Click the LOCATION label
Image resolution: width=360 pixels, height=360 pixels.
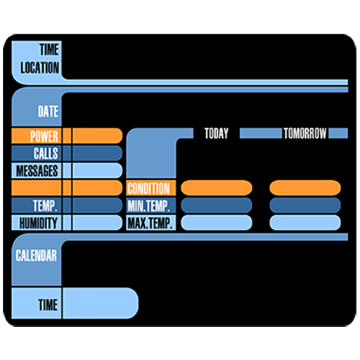tap(39, 67)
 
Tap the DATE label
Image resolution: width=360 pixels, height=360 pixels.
tap(49, 111)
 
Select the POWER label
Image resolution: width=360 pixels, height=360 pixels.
tap(44, 136)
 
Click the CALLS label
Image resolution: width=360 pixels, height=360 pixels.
tap(46, 153)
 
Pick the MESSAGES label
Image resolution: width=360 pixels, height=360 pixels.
tap(37, 171)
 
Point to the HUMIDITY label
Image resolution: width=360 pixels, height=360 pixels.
tap(39, 223)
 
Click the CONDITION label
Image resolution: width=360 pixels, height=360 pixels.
tap(149, 188)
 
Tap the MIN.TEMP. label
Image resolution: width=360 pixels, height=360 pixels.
tap(149, 205)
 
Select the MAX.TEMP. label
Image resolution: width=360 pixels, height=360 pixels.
tap(150, 223)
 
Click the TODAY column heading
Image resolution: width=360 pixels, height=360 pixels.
tap(217, 134)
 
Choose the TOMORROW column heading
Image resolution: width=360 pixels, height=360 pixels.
tap(305, 134)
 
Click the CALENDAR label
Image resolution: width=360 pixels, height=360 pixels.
tap(37, 255)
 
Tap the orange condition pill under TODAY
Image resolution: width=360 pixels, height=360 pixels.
tap(217, 188)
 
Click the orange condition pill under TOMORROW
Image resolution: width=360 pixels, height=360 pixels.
tap(305, 188)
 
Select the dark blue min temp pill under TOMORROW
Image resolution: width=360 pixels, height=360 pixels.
tap(305, 205)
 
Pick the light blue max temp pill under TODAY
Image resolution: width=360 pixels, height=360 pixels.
tap(217, 223)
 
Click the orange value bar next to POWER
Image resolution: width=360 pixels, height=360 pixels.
tap(98, 136)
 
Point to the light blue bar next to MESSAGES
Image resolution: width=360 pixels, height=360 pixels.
tap(98, 170)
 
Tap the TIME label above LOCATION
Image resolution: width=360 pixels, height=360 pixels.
tap(49, 49)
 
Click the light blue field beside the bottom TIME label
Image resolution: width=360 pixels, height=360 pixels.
tap(101, 303)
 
